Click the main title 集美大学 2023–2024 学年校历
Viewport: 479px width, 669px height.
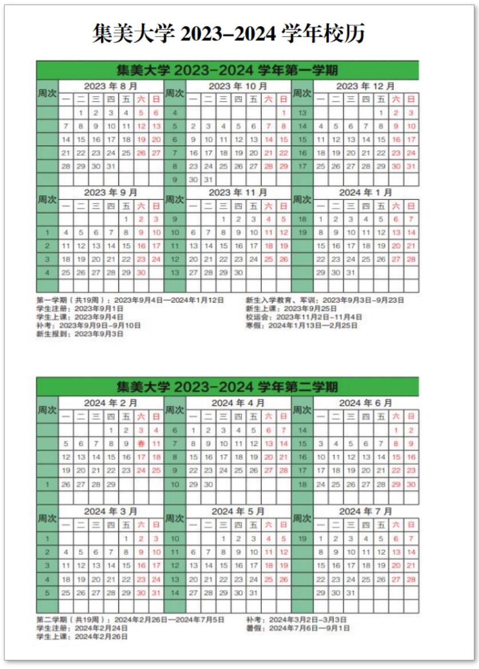(229, 34)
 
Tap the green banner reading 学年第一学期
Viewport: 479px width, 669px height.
(227, 70)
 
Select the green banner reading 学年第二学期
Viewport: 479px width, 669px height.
(227, 387)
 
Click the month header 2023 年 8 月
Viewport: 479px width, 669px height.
(110, 86)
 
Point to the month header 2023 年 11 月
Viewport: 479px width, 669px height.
(238, 193)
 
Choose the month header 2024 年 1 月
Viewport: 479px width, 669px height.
(366, 193)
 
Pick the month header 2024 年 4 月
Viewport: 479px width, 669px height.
(238, 403)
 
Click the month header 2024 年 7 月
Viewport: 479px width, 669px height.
(366, 511)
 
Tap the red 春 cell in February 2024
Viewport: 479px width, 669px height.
(141, 444)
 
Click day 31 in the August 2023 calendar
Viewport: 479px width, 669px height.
(111, 166)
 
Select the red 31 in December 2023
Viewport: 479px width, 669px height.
(410, 166)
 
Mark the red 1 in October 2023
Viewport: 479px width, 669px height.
(284, 113)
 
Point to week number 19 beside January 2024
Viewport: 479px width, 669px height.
(303, 233)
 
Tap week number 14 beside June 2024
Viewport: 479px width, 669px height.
(303, 430)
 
